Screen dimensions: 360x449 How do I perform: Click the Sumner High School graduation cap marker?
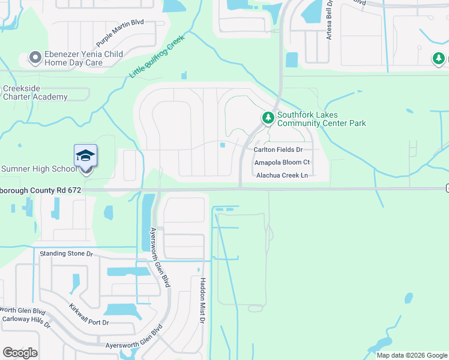(x=85, y=155)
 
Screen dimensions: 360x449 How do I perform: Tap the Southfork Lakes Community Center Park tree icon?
(x=268, y=118)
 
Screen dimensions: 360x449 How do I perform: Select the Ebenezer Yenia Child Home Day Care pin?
(x=35, y=58)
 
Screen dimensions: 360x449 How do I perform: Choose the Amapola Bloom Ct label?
(x=282, y=162)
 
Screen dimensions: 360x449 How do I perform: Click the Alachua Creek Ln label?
(x=282, y=175)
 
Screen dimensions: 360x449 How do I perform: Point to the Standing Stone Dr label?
(x=66, y=254)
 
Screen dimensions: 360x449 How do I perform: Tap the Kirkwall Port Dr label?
(x=88, y=314)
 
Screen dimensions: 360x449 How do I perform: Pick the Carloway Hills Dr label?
(x=25, y=320)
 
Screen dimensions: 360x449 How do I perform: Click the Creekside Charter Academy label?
(x=35, y=93)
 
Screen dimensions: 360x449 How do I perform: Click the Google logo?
(x=20, y=353)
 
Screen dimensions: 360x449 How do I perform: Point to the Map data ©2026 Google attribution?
(x=411, y=355)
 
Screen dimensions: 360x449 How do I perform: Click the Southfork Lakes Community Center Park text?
(x=321, y=119)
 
